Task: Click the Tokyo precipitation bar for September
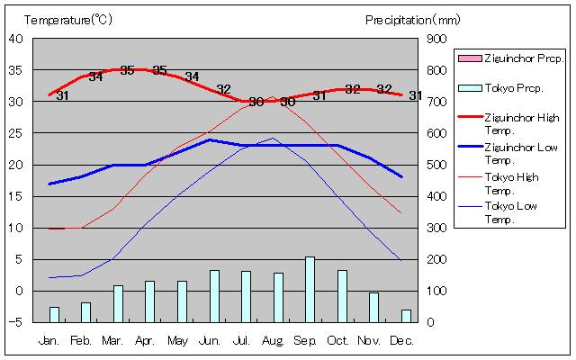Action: pos(310,289)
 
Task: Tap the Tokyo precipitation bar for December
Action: pos(406,315)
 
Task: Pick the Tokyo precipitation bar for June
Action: pos(214,295)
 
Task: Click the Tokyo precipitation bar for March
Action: pos(118,303)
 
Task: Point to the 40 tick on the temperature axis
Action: pos(17,39)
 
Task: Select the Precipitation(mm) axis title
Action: pos(412,19)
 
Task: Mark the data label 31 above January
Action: pos(62,95)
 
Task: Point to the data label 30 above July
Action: pos(256,101)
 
